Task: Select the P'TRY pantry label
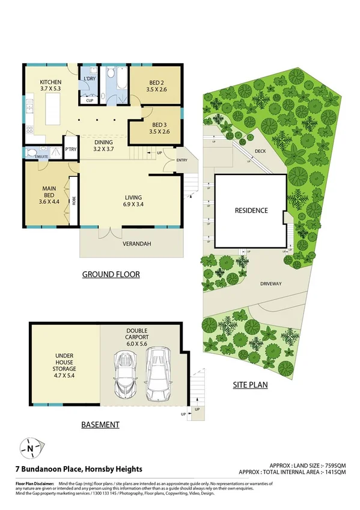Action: [x=70, y=145]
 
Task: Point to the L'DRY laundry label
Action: [x=90, y=79]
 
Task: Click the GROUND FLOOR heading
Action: [x=111, y=274]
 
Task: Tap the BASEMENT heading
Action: [x=100, y=425]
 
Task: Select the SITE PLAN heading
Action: [x=250, y=384]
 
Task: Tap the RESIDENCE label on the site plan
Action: [x=251, y=211]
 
